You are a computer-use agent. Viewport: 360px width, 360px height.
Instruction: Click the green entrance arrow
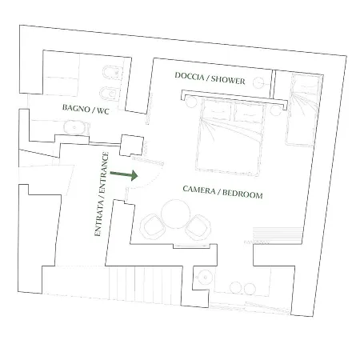[124, 175]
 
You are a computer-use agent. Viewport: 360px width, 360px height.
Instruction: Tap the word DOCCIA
[190, 76]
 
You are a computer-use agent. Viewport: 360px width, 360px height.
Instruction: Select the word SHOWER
[228, 80]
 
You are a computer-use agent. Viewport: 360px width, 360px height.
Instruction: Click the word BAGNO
[76, 108]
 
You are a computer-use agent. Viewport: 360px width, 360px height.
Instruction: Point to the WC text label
[103, 110]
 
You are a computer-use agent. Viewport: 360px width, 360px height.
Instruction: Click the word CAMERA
[199, 190]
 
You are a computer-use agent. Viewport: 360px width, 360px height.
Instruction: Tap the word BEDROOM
[242, 194]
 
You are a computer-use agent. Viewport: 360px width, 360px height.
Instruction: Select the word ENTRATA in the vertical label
[98, 218]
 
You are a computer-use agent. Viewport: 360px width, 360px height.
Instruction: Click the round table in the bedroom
[175, 214]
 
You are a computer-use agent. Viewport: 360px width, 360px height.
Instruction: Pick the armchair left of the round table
[153, 226]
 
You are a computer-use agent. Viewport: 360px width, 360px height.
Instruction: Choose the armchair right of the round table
[198, 227]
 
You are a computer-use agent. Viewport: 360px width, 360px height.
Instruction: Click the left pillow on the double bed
[217, 110]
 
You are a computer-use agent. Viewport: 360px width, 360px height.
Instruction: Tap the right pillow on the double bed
[249, 114]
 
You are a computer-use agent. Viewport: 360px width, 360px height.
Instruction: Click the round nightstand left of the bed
[191, 102]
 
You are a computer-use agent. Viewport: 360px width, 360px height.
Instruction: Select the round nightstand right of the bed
[275, 110]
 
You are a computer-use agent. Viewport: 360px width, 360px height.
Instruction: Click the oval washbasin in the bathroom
[74, 127]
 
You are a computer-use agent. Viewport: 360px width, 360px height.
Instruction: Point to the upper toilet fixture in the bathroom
[112, 73]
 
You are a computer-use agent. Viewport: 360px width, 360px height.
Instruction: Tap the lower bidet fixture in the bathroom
[110, 94]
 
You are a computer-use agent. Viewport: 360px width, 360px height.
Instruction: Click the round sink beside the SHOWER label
[258, 83]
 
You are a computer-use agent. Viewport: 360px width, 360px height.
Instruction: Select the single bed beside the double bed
[304, 110]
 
